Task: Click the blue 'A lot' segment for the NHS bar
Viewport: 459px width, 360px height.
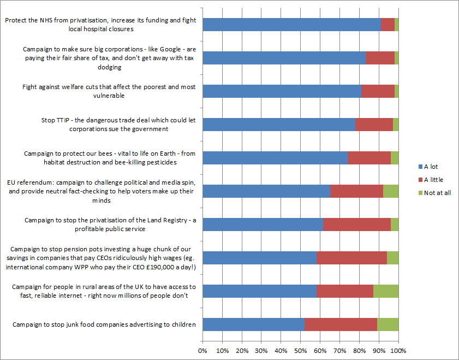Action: (291, 25)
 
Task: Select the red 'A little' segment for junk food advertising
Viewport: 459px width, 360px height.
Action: (341, 324)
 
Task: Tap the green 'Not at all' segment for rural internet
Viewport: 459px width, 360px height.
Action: (386, 291)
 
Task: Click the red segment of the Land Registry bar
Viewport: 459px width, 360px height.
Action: (356, 225)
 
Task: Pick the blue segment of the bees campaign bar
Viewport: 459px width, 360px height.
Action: (275, 158)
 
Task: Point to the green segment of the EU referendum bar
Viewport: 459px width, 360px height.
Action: (391, 191)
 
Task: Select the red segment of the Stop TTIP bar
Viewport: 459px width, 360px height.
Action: (374, 125)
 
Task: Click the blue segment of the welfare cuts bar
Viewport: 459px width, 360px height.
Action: (282, 91)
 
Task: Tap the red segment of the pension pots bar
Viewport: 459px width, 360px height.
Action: (351, 258)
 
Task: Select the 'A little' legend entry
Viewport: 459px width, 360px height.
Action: (433, 180)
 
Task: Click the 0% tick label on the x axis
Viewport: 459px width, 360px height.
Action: (202, 350)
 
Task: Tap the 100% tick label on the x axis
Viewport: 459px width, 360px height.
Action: (398, 350)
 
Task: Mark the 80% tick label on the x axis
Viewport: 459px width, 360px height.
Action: (359, 350)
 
